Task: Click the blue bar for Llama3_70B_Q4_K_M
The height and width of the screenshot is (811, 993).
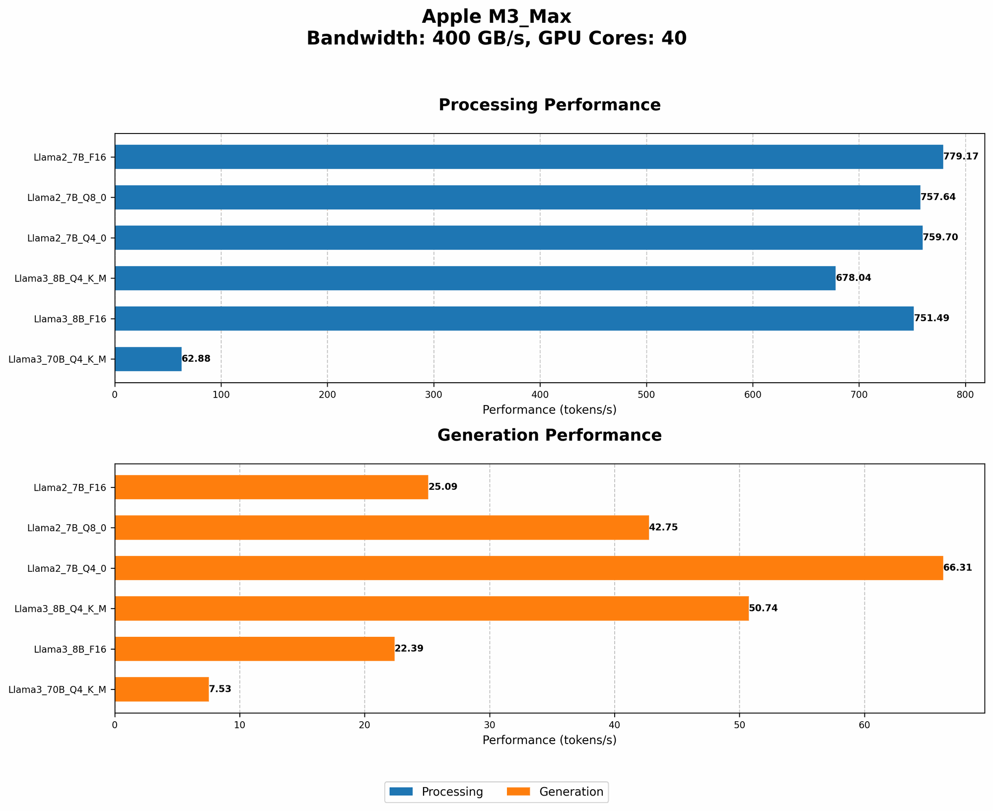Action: pyautogui.click(x=148, y=359)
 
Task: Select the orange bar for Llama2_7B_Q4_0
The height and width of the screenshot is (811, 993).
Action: pyautogui.click(x=529, y=568)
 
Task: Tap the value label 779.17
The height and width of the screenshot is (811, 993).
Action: pyautogui.click(x=961, y=156)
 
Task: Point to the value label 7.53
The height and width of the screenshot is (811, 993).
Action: pyautogui.click(x=220, y=689)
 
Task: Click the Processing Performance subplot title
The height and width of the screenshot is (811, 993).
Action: pyautogui.click(x=550, y=105)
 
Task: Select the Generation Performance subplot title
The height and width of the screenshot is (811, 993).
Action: pyautogui.click(x=550, y=435)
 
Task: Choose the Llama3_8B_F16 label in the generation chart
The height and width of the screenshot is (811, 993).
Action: pyautogui.click(x=70, y=649)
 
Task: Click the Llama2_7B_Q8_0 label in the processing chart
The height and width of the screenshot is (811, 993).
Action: pyautogui.click(x=67, y=197)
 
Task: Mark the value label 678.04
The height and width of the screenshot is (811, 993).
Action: pyautogui.click(x=853, y=278)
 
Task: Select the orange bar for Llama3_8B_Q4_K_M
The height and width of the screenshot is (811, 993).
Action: pyautogui.click(x=431, y=608)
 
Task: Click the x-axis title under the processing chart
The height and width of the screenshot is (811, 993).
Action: pyautogui.click(x=550, y=410)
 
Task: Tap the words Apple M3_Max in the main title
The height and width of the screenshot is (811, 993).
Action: pyautogui.click(x=496, y=17)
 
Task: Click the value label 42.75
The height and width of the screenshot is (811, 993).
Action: pyautogui.click(x=663, y=527)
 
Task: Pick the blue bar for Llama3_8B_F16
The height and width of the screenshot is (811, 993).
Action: pyautogui.click(x=514, y=318)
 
